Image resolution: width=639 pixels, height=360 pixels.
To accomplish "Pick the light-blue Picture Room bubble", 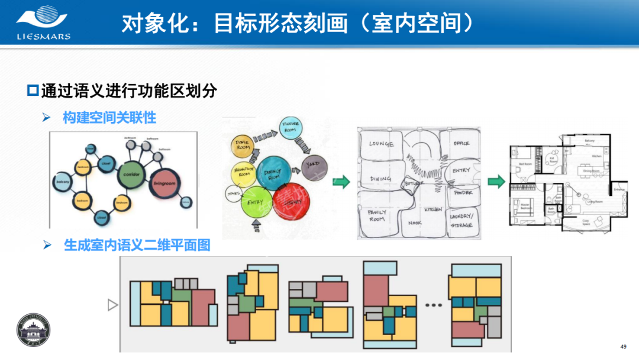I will click(291, 127).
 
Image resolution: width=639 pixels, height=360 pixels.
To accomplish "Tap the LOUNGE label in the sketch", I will click(382, 144).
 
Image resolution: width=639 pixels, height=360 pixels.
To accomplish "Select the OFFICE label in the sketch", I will click(461, 144).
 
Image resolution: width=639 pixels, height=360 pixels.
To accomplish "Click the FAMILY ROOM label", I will click(377, 215).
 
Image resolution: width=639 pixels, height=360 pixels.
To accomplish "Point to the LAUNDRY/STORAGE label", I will click(461, 220).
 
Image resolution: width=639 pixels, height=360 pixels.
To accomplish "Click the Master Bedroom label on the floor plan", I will click(524, 205).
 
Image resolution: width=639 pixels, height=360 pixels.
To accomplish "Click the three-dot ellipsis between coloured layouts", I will click(434, 306).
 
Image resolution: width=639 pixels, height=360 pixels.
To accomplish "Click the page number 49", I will click(622, 346).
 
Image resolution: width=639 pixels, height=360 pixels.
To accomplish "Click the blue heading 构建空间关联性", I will click(109, 117).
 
